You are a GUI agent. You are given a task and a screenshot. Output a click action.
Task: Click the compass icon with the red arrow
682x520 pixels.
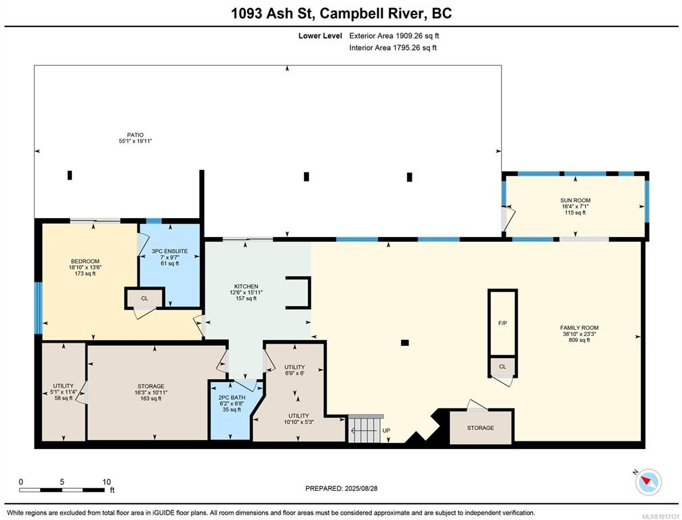[649, 481]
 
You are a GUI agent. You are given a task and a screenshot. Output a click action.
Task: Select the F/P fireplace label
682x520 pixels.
[503, 324]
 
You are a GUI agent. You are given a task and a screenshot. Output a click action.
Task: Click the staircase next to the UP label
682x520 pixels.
[365, 429]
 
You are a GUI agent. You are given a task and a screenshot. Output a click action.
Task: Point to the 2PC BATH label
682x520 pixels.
[232, 397]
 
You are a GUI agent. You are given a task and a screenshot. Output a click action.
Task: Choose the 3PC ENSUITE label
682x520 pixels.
[169, 251]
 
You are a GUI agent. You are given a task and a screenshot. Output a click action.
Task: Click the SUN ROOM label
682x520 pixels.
[575, 200]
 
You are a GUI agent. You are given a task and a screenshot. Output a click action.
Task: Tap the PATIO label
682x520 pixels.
[135, 135]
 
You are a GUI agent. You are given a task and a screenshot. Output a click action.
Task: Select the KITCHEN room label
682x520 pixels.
[246, 286]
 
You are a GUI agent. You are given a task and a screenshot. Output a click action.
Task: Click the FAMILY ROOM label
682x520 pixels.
[579, 328]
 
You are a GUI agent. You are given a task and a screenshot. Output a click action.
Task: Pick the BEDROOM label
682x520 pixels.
[85, 261]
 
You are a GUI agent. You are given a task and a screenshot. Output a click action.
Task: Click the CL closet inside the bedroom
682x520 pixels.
[144, 299]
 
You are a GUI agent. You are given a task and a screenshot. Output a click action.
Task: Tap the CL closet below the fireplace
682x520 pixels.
[503, 366]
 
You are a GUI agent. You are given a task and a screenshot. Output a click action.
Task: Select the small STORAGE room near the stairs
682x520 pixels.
[481, 428]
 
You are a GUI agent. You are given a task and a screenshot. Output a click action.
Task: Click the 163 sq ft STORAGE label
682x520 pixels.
[151, 386]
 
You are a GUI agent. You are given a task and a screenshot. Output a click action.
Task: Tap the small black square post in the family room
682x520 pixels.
[405, 343]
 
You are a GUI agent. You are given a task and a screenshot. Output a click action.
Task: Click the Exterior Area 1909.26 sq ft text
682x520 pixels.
[394, 36]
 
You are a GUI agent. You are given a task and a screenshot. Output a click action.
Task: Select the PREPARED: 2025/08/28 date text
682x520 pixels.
[341, 488]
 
